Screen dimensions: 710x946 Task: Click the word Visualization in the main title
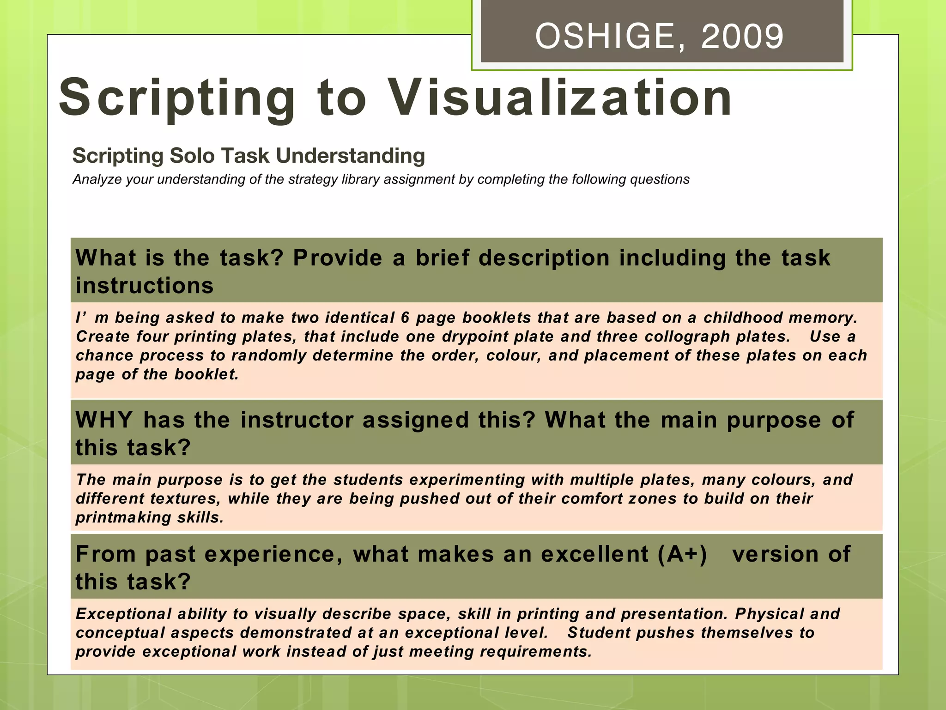[x=559, y=98]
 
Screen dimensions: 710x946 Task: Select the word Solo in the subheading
[x=193, y=156]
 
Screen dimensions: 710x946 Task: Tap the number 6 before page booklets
[x=405, y=318]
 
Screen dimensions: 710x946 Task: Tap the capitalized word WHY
[x=104, y=420]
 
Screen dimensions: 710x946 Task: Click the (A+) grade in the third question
[x=683, y=554]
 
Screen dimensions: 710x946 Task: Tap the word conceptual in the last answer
[x=120, y=633]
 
